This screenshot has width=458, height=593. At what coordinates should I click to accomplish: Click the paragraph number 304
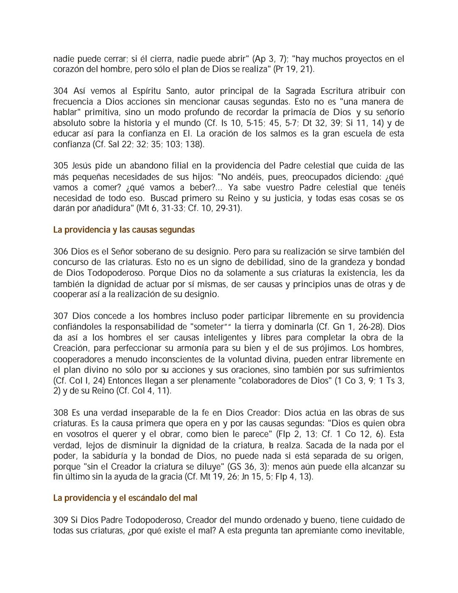(x=61, y=91)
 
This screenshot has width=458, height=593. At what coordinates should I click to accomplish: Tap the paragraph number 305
(x=61, y=166)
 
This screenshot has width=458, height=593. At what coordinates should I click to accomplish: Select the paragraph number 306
(x=61, y=252)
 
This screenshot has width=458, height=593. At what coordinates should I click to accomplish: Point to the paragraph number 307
(x=61, y=316)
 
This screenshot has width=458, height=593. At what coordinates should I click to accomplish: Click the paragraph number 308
(x=61, y=413)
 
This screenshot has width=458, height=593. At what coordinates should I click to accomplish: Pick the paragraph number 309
(x=61, y=520)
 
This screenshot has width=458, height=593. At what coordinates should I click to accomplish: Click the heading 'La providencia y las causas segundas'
(x=124, y=230)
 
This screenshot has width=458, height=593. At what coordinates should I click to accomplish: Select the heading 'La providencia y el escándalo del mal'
(x=125, y=498)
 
